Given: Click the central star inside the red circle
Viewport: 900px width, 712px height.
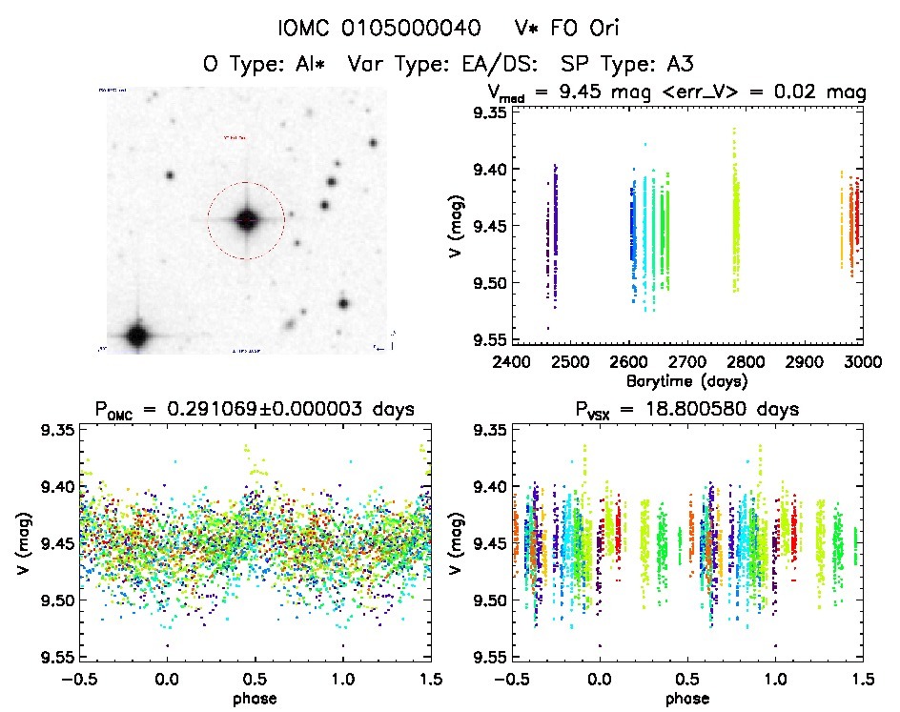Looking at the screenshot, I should tap(246, 220).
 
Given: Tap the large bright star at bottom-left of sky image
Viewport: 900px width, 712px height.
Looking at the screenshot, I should tap(136, 335).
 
